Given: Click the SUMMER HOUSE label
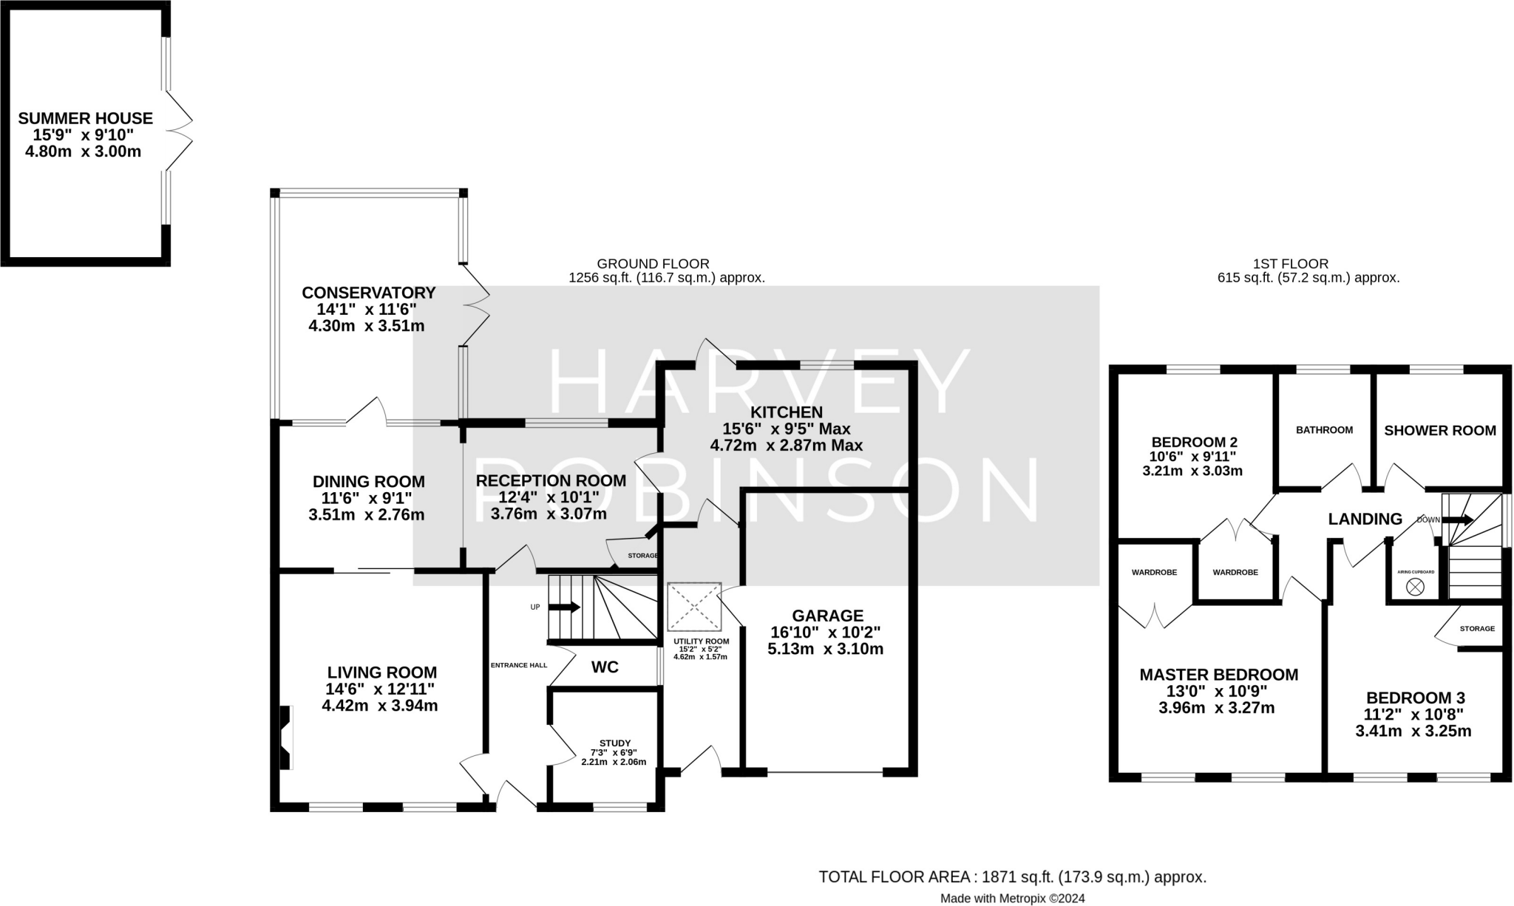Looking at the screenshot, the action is point(86,118).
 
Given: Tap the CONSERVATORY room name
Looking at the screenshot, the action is point(368,293).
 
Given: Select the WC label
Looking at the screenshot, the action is point(605,667).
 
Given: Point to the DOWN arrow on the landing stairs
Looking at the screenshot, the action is point(1457,520).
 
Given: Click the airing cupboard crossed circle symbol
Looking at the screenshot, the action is point(1415,587).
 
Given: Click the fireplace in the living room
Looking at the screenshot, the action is point(285,738).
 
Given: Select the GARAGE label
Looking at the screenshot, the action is point(827,616).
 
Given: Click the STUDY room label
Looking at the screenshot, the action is point(615,743).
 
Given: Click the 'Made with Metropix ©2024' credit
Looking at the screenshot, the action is point(1012,899).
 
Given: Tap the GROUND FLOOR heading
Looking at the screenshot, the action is point(653,264).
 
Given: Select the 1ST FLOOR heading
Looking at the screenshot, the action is point(1291,264).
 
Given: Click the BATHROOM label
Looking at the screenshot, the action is point(1324,430).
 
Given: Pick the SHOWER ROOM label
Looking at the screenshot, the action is point(1440,430).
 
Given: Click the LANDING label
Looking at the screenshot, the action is point(1365,520).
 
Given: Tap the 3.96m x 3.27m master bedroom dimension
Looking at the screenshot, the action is point(1216,708).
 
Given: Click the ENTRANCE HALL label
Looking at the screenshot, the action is point(519,665).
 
